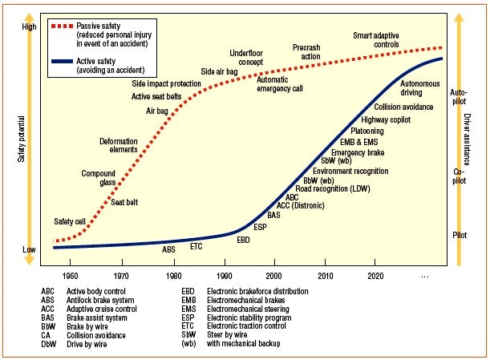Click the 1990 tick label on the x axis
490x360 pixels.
click(x=224, y=276)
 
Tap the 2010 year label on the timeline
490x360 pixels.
click(x=326, y=276)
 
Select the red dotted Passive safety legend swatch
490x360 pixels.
click(x=63, y=26)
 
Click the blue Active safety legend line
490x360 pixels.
click(x=63, y=61)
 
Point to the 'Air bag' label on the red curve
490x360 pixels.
click(x=157, y=111)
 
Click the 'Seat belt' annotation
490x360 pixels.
click(x=124, y=202)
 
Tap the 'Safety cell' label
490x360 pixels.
click(x=70, y=221)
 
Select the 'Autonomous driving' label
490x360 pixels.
click(x=420, y=88)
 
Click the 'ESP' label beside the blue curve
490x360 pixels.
click(x=260, y=227)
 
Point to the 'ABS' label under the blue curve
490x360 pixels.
click(x=168, y=249)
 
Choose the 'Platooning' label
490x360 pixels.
click(x=367, y=131)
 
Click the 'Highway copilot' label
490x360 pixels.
click(x=386, y=119)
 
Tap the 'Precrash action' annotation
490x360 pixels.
click(x=306, y=52)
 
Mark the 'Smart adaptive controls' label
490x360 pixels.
click(x=376, y=40)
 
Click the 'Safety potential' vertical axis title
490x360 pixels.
click(x=21, y=139)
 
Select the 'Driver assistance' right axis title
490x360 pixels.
click(x=467, y=139)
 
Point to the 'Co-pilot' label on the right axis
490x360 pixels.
click(x=459, y=176)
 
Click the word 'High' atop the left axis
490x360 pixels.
click(x=29, y=27)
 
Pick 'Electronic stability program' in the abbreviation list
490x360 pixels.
click(x=249, y=318)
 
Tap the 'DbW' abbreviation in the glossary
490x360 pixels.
click(x=48, y=344)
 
